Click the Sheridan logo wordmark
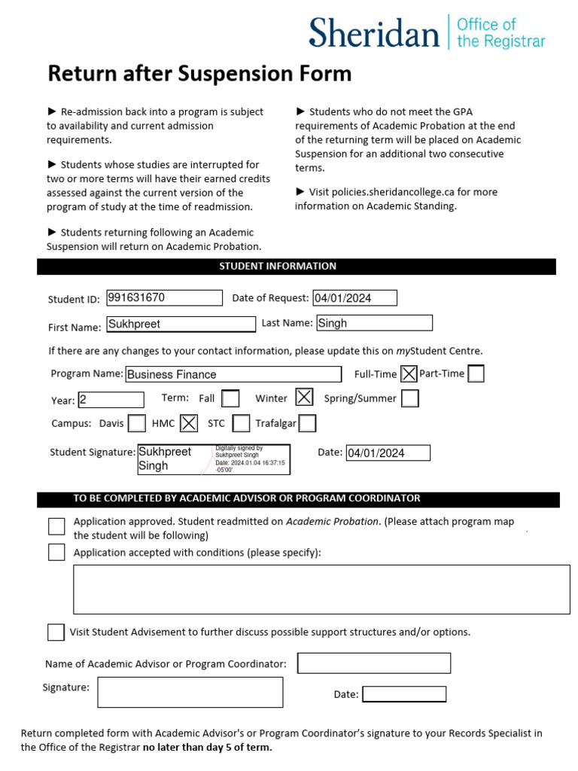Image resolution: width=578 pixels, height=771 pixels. point(373,34)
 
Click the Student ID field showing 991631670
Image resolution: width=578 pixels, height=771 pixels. point(164,297)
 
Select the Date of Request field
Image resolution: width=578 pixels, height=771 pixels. point(354,298)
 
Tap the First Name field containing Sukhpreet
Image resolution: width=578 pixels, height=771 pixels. point(181,324)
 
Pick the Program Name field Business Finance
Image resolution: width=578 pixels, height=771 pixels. point(233,374)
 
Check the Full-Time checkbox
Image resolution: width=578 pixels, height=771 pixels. point(409,373)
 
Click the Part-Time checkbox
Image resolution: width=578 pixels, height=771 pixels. point(476,373)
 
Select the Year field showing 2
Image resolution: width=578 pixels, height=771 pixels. point(111,400)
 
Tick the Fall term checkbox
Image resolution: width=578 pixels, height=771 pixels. point(231,398)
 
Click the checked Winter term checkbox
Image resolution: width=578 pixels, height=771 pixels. point(304,398)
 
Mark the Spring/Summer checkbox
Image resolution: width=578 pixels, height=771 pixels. point(410,398)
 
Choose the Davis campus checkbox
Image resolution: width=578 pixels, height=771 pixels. point(136,423)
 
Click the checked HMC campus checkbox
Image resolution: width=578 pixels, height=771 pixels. point(189,423)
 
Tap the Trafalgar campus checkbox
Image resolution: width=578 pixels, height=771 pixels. point(307,423)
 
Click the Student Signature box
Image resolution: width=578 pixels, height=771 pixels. point(214,459)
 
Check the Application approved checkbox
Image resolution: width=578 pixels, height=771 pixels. point(56,526)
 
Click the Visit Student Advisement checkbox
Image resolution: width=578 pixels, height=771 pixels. point(56,632)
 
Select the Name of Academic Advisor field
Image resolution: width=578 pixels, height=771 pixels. point(374,663)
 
